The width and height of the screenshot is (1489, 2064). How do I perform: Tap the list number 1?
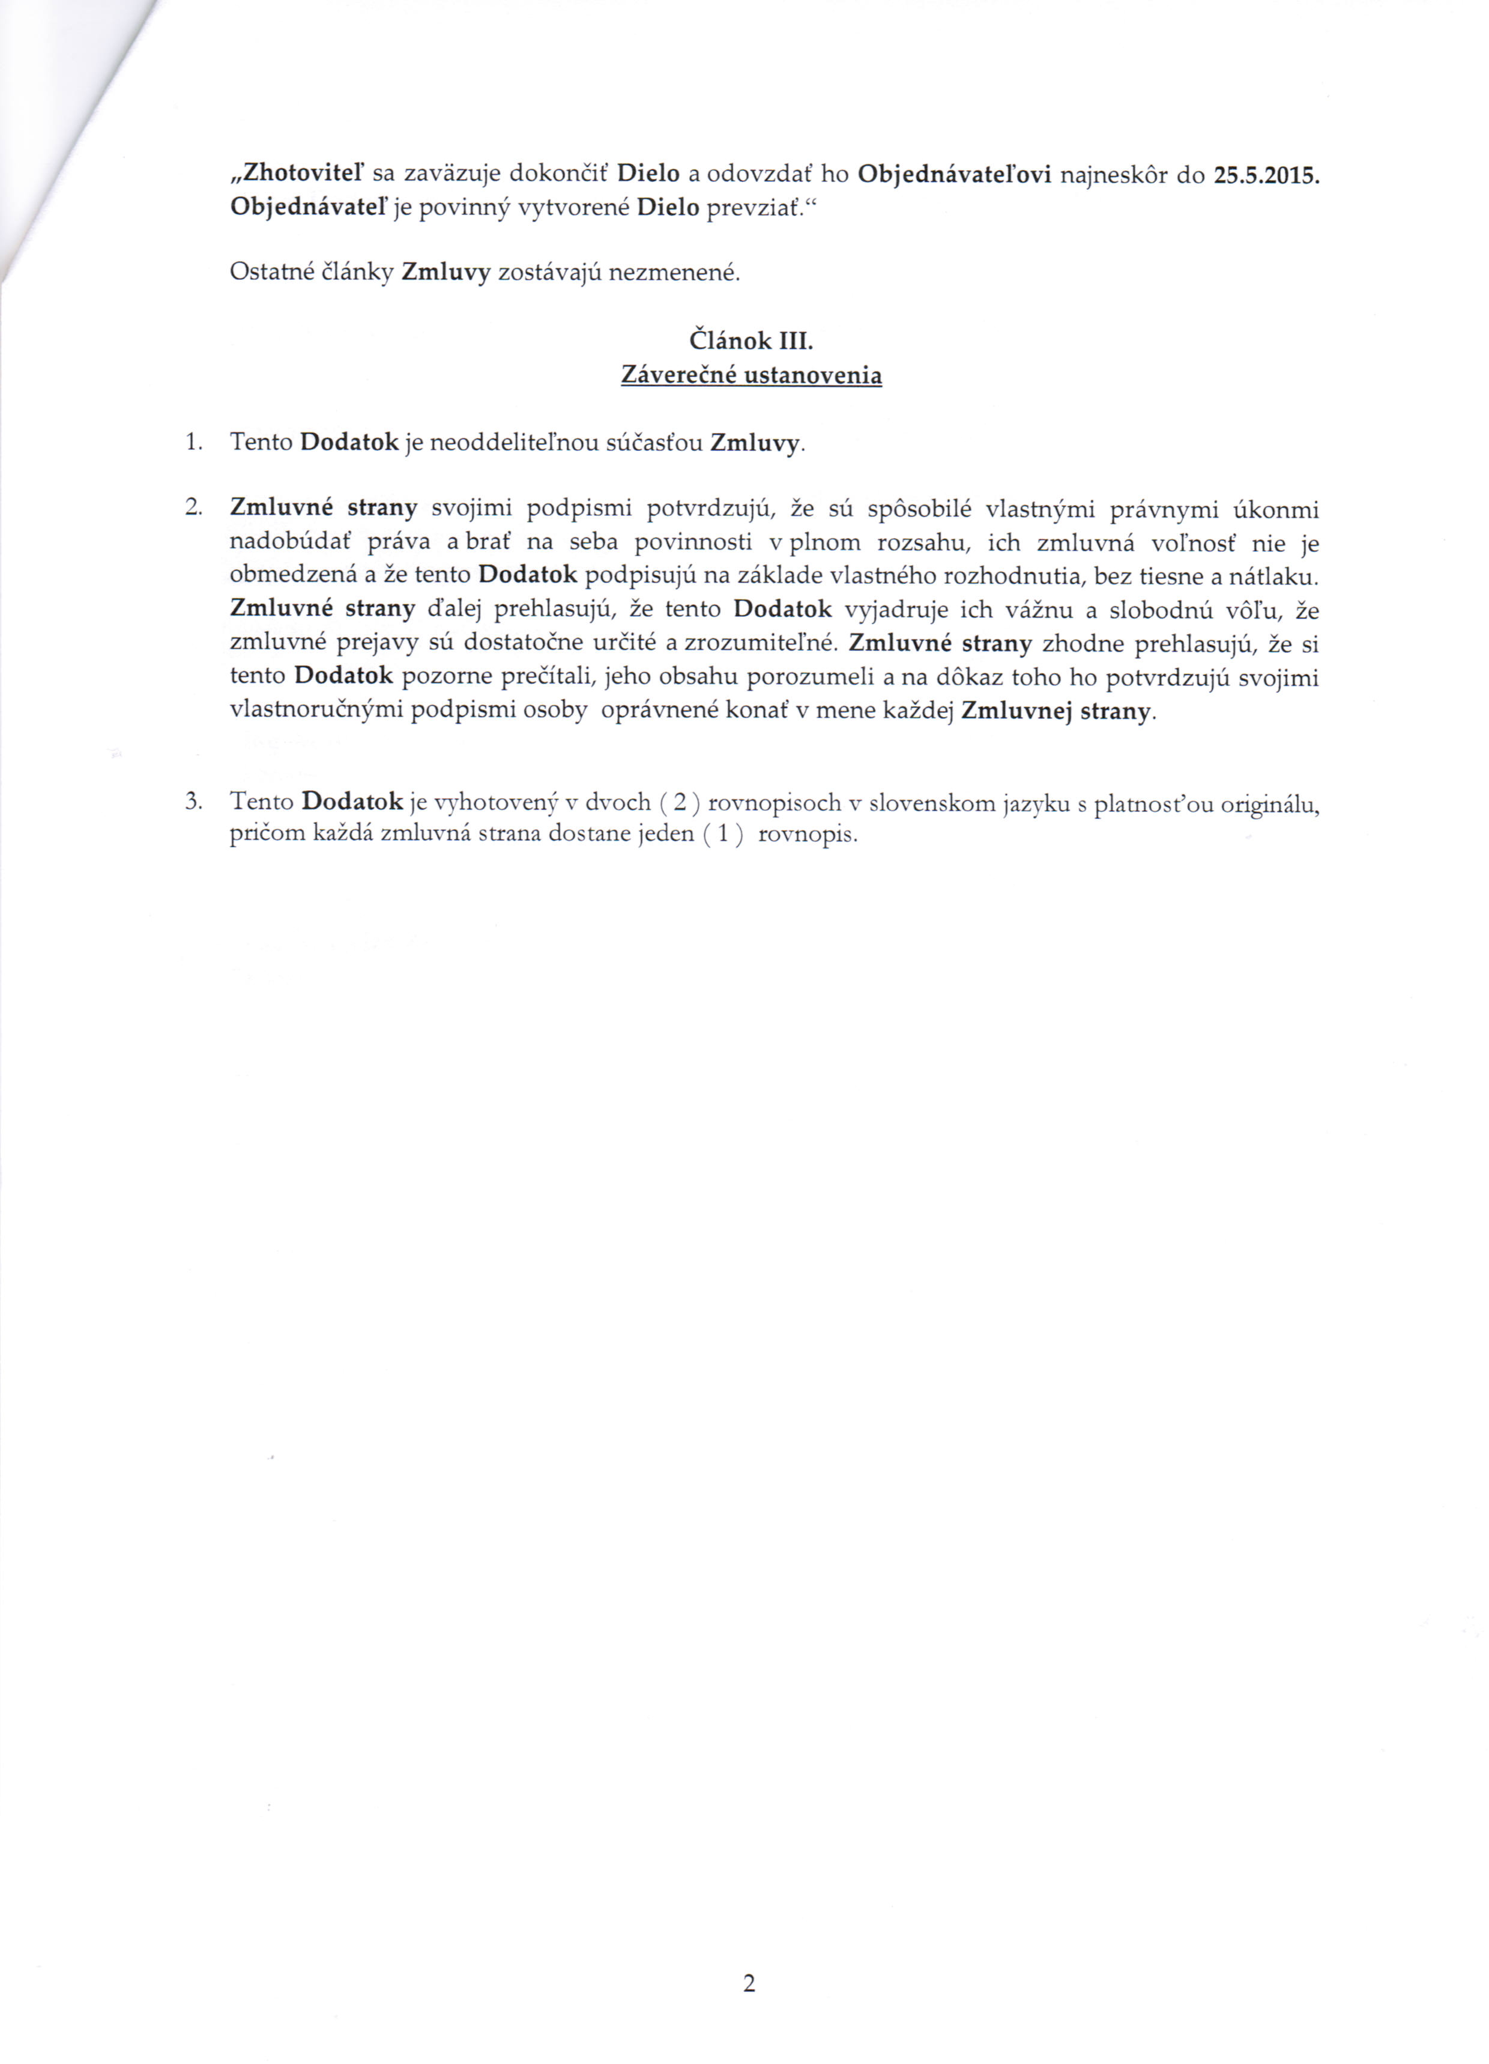[192, 443]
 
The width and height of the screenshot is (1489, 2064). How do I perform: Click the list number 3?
[192, 802]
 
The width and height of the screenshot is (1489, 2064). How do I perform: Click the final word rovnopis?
[806, 835]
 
